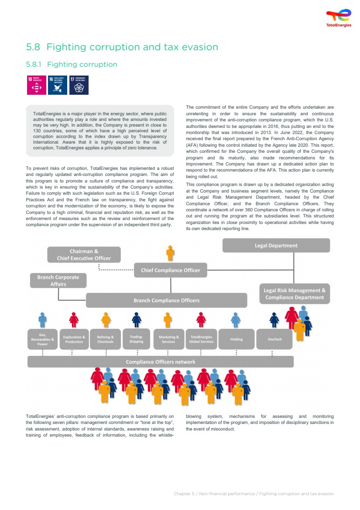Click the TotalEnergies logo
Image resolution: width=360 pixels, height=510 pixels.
click(x=339, y=18)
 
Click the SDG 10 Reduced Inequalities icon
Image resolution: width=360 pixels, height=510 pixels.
click(x=36, y=85)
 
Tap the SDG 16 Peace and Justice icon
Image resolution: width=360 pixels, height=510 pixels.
click(x=58, y=85)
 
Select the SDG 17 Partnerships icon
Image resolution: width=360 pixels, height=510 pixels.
click(x=79, y=85)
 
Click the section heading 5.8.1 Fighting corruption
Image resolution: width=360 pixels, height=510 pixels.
click(x=72, y=65)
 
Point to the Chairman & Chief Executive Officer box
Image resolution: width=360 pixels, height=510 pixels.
click(x=84, y=255)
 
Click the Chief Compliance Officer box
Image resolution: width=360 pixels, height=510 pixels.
click(x=170, y=270)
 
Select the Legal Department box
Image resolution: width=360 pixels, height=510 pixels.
click(x=276, y=245)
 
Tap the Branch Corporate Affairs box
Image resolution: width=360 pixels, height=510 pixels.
click(x=58, y=280)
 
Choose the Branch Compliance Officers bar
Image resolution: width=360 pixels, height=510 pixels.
click(x=166, y=300)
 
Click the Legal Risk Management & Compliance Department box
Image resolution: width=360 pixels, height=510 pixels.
click(x=295, y=294)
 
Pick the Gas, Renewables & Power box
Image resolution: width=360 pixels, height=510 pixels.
click(x=42, y=339)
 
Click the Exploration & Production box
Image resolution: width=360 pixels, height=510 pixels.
click(x=74, y=339)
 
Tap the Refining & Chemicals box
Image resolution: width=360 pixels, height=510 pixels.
click(x=105, y=339)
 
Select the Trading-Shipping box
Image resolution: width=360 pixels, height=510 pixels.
click(x=136, y=339)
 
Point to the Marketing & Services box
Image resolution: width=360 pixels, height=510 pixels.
click(x=168, y=339)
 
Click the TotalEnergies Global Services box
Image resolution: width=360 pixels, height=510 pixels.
click(x=201, y=339)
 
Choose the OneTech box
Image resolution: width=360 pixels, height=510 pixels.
click(x=274, y=339)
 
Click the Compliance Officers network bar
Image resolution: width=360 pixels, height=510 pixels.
click(x=161, y=362)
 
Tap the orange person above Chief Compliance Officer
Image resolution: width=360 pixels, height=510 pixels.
click(x=170, y=253)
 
